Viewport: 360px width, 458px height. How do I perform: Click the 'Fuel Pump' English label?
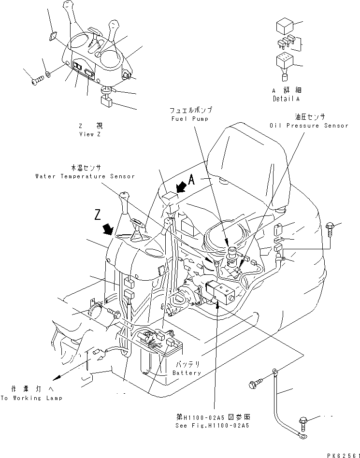189,119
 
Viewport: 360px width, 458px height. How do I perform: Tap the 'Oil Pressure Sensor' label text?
309,126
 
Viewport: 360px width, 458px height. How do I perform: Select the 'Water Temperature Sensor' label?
85,177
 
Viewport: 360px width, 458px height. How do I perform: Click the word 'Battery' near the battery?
187,373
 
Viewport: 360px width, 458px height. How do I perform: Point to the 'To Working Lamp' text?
31,399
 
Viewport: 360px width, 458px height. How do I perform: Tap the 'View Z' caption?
90,135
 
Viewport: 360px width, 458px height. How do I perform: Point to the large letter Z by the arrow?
98,214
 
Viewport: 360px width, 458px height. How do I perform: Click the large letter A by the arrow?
191,180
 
